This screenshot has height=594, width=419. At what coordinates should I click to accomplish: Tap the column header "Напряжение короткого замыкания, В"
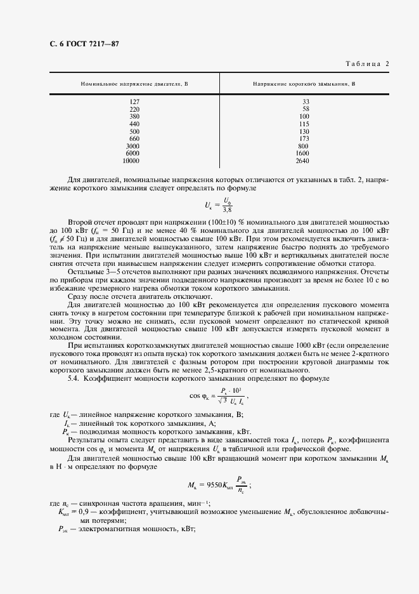coord(304,84)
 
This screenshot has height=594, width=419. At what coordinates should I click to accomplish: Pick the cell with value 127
coord(134,102)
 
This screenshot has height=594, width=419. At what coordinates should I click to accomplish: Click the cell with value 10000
coord(132,161)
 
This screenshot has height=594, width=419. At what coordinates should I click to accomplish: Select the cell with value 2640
coord(304,161)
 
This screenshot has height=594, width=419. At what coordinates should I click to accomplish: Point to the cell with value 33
coord(306,102)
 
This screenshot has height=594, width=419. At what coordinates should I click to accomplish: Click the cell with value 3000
coord(132,146)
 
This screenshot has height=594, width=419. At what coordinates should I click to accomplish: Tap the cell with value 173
coord(304,138)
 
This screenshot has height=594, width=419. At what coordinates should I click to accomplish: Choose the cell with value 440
coord(134,124)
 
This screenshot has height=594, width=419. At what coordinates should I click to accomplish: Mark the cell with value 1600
coord(304,154)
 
